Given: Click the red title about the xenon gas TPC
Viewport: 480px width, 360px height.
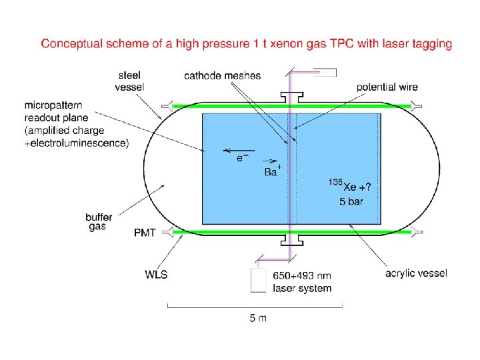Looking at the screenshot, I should click(247, 44).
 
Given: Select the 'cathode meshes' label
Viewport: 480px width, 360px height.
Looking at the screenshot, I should click(223, 75).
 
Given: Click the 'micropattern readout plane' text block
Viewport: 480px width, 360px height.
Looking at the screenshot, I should click(77, 125).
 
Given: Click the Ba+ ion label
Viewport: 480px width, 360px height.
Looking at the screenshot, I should click(272, 172).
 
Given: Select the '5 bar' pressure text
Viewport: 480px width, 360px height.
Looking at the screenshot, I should click(351, 201).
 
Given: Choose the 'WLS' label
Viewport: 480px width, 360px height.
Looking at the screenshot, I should click(155, 274).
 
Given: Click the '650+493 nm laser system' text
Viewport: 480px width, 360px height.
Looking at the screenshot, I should click(301, 281).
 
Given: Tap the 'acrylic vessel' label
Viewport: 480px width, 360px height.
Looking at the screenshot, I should click(416, 273).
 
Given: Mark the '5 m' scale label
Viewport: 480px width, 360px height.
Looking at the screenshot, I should click(257, 318).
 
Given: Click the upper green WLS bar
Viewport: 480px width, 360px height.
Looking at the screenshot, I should click(287, 105).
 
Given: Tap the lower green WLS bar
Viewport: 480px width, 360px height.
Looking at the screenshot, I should click(287, 231).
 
